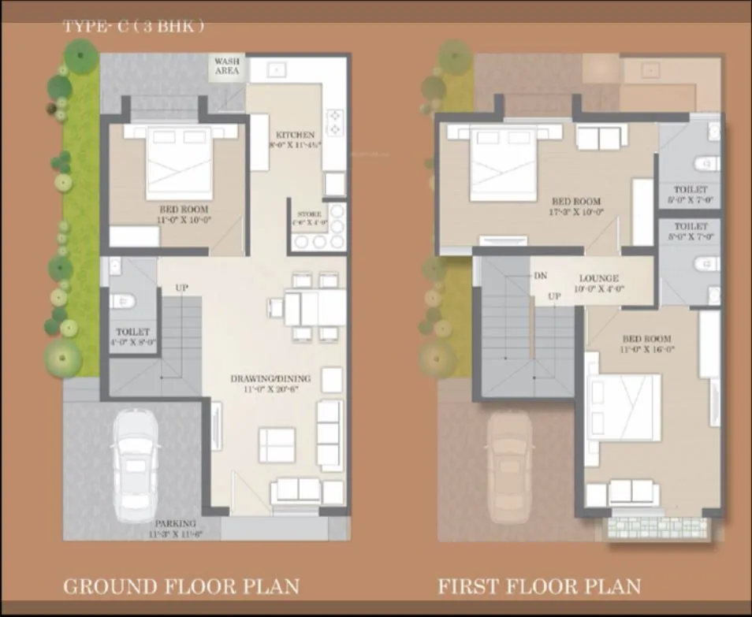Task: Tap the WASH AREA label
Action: click(x=227, y=66)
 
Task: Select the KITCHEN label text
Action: click(x=296, y=136)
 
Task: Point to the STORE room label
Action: click(x=309, y=214)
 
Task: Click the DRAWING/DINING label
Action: click(x=270, y=379)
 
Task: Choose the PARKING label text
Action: click(x=175, y=523)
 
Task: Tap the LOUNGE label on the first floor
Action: click(x=598, y=278)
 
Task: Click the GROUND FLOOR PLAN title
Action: click(x=181, y=586)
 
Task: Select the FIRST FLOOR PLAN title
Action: click(x=539, y=586)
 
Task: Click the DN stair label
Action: click(x=541, y=275)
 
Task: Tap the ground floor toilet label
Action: click(x=132, y=333)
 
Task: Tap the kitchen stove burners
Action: click(x=336, y=121)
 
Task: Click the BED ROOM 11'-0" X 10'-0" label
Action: click(x=184, y=214)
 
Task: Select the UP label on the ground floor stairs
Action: click(x=181, y=289)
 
